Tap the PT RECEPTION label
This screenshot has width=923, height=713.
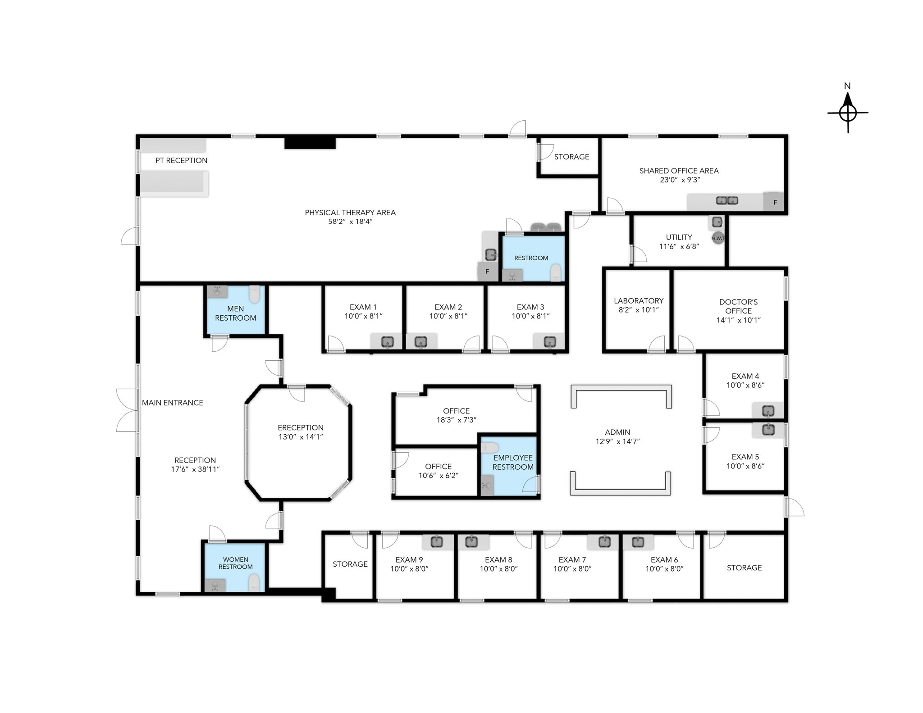[181, 160]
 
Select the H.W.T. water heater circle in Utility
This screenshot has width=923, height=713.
[718, 238]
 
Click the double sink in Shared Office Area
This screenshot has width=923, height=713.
[727, 200]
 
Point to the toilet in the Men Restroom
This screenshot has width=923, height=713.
[255, 294]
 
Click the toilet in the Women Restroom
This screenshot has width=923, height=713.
[255, 582]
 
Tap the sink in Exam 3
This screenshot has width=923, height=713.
[549, 342]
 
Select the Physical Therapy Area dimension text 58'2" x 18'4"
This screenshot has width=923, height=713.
[350, 222]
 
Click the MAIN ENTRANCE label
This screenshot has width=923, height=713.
[173, 403]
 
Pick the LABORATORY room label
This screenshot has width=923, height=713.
[639, 300]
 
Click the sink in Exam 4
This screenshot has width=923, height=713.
[768, 411]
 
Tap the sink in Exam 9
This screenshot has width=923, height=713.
[436, 541]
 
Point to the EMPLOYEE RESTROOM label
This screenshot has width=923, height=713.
[513, 463]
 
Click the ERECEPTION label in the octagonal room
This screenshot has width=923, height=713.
[301, 427]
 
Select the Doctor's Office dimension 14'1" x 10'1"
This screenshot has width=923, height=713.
[739, 320]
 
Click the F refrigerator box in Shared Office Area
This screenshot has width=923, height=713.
[773, 202]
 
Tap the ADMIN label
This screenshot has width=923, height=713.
[617, 432]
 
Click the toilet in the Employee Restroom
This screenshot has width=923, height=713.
[489, 448]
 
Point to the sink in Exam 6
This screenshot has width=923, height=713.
[638, 542]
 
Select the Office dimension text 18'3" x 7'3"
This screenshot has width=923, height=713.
[457, 420]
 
